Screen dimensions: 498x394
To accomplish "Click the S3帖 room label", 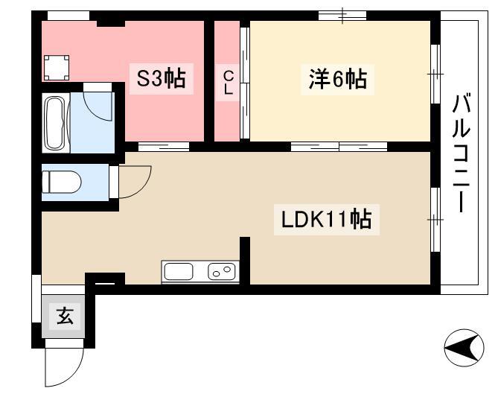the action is pyautogui.click(x=161, y=78).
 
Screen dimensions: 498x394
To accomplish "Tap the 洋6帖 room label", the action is pyautogui.click(x=338, y=79).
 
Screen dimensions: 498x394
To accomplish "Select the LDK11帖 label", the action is pyautogui.click(x=327, y=219).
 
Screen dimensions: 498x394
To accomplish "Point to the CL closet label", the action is pyautogui.click(x=228, y=83).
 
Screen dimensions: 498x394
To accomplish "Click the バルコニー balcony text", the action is pyautogui.click(x=461, y=153).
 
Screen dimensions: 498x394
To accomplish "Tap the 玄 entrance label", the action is pyautogui.click(x=65, y=316).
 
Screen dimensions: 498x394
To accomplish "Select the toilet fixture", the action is pyautogui.click(x=62, y=182).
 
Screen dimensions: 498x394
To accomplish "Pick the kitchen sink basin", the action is pyautogui.click(x=179, y=272).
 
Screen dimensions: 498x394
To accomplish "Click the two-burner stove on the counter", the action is pyautogui.click(x=222, y=272).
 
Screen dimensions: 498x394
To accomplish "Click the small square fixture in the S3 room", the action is pyautogui.click(x=57, y=68).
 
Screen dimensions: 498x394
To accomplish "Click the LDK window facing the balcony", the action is pyautogui.click(x=435, y=220).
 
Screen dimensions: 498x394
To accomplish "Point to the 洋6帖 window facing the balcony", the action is pyautogui.click(x=435, y=74).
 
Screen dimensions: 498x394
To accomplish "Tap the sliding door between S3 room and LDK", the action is pyautogui.click(x=164, y=147).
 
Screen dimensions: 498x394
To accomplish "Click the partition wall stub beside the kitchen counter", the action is pyautogui.click(x=245, y=261).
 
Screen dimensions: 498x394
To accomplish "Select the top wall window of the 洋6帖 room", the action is pyautogui.click(x=342, y=15).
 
